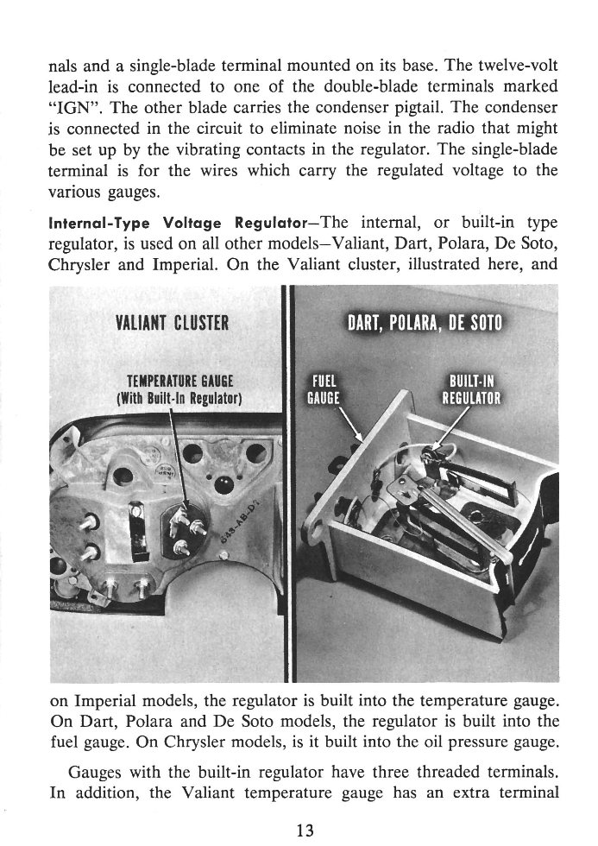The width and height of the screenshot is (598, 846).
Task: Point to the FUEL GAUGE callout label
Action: pos(325,390)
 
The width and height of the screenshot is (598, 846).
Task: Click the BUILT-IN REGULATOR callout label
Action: pos(472,390)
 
